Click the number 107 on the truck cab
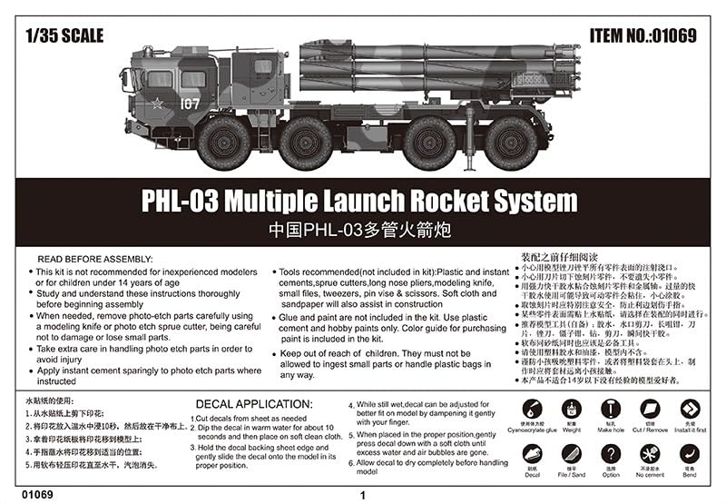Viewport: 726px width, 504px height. [x=189, y=104]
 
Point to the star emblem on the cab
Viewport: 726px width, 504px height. [x=158, y=104]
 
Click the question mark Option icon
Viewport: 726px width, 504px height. [x=612, y=453]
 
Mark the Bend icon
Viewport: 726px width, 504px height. [x=691, y=453]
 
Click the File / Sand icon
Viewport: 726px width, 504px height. [x=572, y=453]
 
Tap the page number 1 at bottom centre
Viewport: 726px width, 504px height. [x=363, y=496]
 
